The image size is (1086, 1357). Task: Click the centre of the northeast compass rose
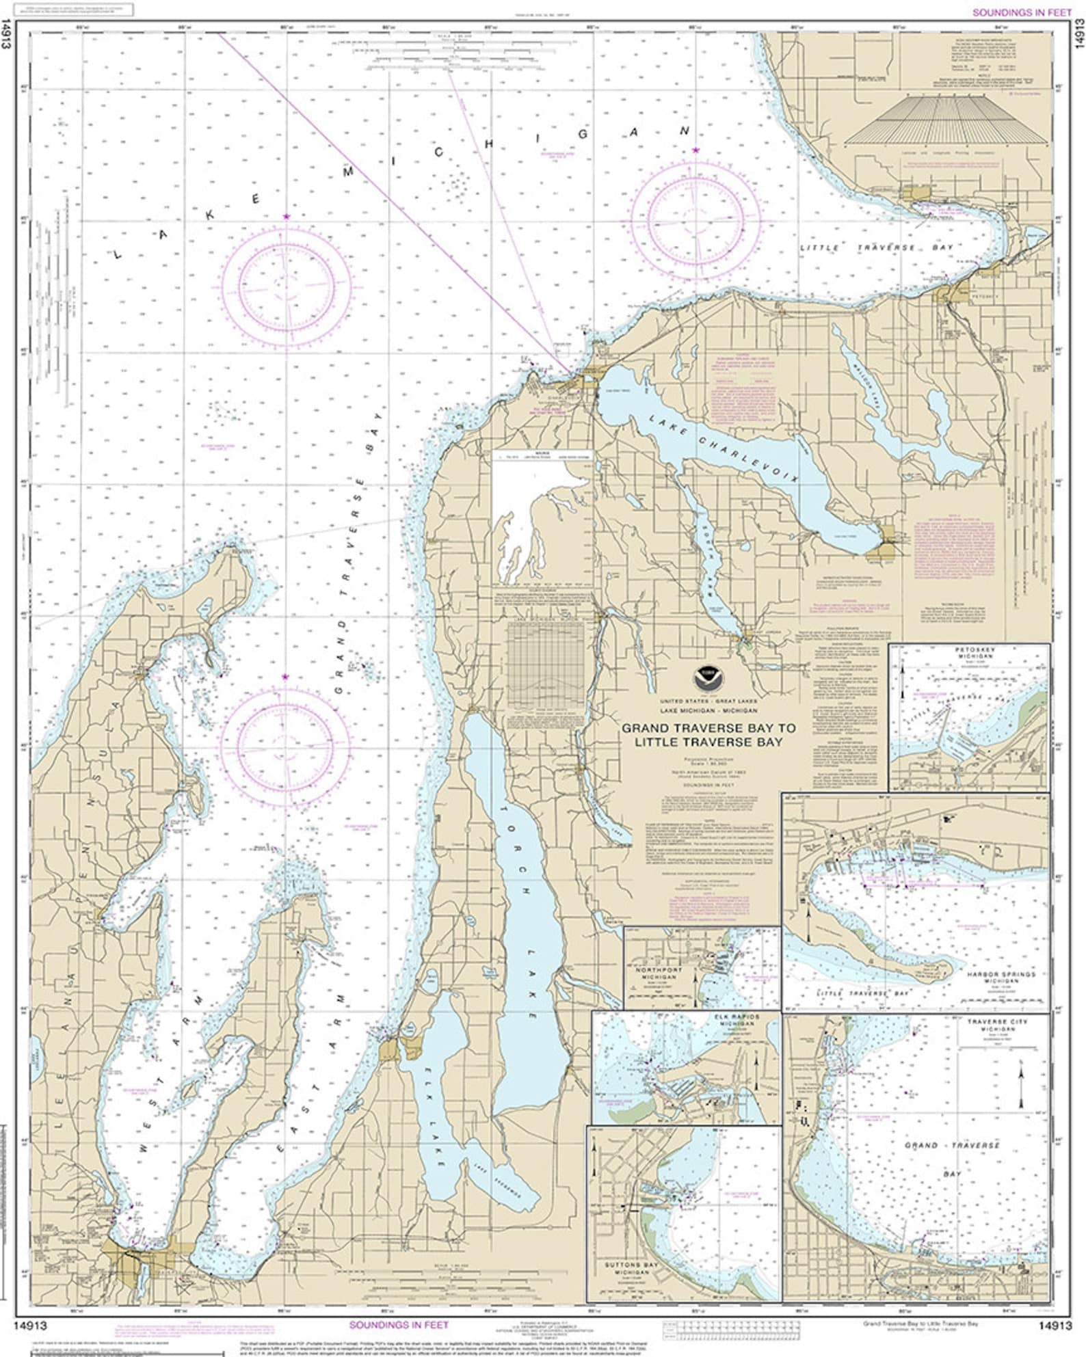tap(696, 213)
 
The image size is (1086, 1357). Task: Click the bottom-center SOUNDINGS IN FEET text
tap(399, 1325)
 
